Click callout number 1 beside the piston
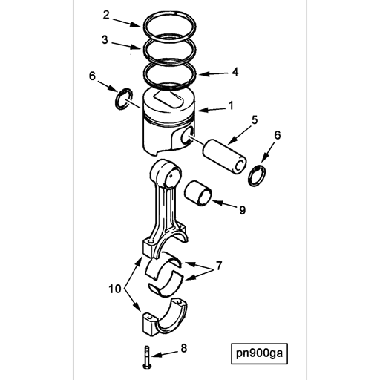[x=230, y=106]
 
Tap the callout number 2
[x=107, y=15]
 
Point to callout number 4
[x=235, y=72]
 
